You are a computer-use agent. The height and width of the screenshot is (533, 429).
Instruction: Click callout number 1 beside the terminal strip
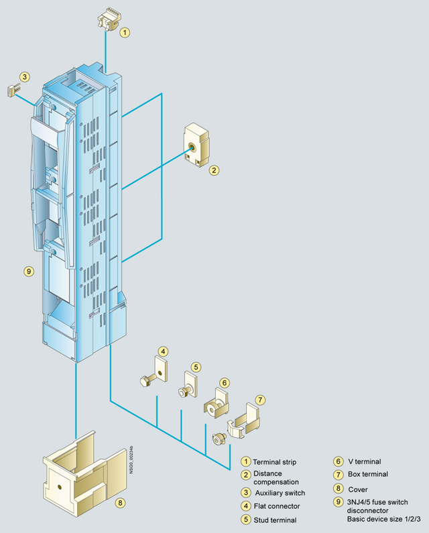[125, 31]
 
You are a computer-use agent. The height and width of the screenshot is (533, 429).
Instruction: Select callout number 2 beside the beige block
[213, 170]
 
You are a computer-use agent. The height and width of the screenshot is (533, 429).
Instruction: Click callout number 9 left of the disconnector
[28, 272]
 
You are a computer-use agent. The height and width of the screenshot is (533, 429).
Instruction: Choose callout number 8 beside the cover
[119, 501]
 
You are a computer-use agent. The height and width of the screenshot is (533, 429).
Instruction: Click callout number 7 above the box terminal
[260, 400]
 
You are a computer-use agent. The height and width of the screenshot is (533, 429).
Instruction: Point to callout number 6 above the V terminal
[225, 383]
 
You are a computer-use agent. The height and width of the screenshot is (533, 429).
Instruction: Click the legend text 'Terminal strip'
[274, 461]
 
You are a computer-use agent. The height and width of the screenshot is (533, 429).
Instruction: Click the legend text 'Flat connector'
[276, 506]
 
